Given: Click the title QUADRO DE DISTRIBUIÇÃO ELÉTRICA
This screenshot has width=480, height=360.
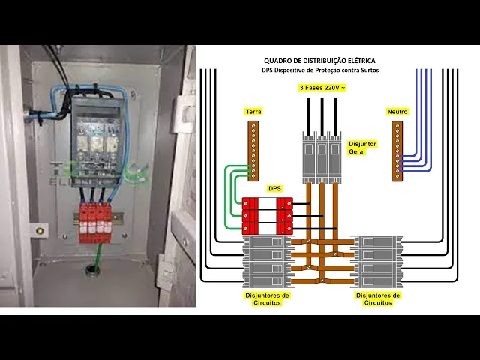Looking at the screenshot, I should point(320,60).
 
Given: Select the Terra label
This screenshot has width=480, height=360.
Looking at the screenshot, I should point(253,112).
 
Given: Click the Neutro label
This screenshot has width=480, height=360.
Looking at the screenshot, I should point(397,112).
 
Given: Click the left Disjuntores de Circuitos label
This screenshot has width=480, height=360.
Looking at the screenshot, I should point(267,298).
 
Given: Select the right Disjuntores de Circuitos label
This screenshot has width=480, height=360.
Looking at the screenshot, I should point(377,298).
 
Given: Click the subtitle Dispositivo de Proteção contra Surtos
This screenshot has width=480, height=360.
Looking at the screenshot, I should point(320,70).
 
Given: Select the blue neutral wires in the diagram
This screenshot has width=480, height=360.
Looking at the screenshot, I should point(420,127).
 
